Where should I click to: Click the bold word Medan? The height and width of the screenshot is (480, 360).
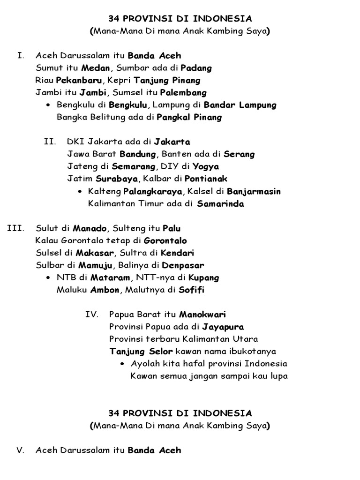click(x=95, y=68)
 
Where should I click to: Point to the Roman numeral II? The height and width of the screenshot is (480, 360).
click(x=50, y=142)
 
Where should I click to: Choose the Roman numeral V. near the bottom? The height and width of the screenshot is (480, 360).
click(x=20, y=450)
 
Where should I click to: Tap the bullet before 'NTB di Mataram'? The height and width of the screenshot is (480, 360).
click(x=49, y=277)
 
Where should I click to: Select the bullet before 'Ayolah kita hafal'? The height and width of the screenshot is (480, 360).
click(x=122, y=364)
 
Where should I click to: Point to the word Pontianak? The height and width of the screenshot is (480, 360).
click(x=206, y=179)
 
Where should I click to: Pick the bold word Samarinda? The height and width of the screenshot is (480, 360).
click(x=220, y=204)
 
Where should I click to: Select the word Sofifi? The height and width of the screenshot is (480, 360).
click(x=191, y=290)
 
